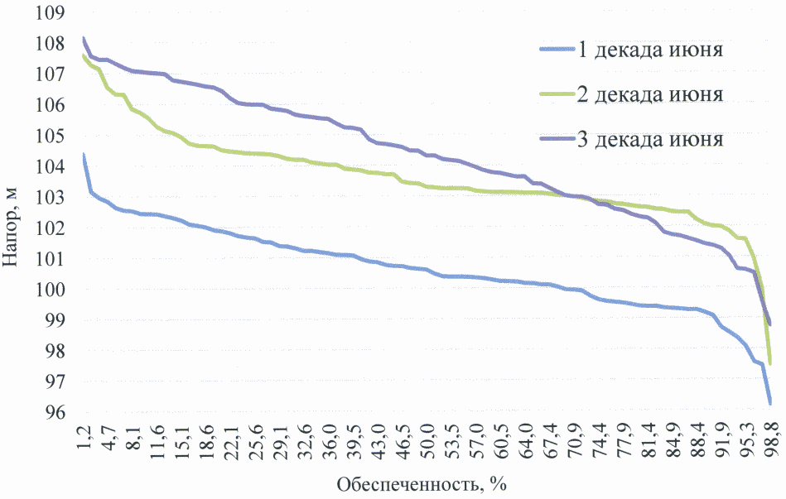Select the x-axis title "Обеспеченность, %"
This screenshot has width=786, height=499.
point(420,483)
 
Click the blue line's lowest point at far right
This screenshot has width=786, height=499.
point(770,403)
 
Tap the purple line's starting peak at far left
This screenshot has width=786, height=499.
point(84,38)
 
